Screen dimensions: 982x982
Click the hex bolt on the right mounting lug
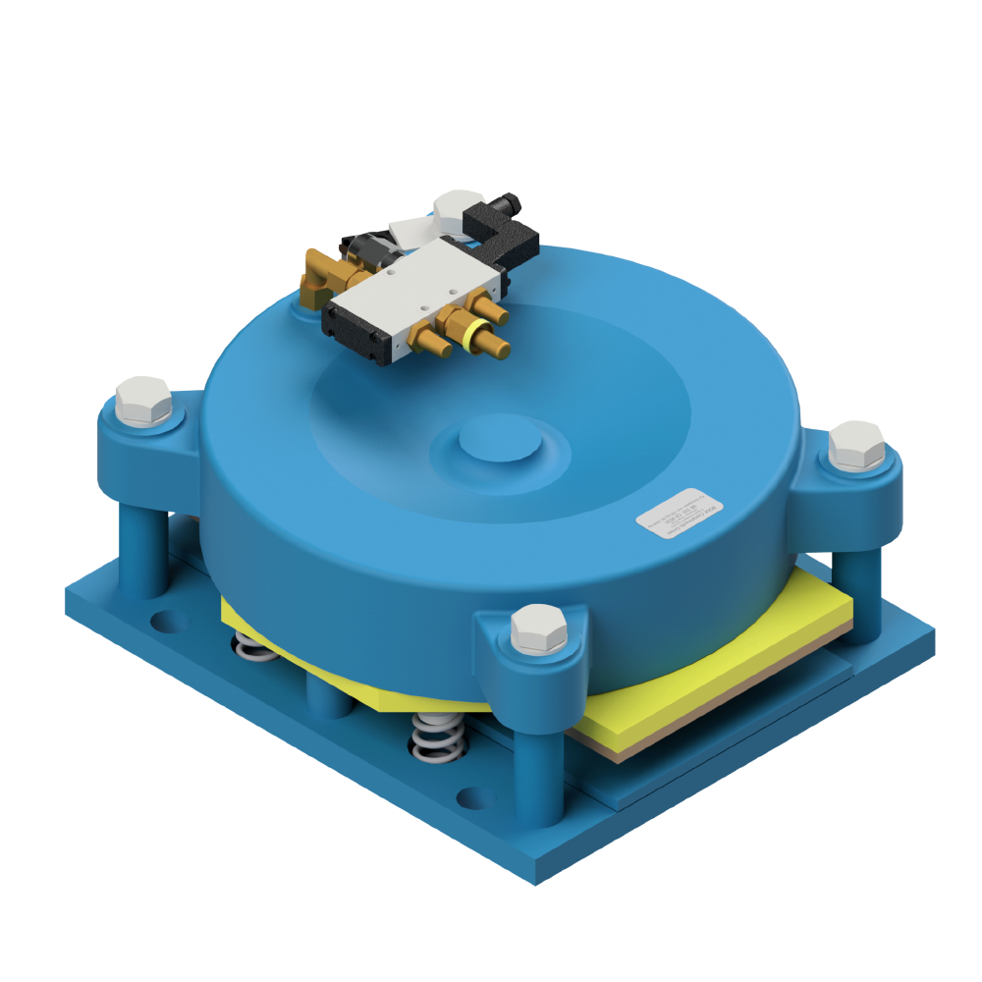(x=856, y=445)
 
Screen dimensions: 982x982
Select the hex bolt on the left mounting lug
(x=143, y=400)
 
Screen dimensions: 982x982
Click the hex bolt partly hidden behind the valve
(x=454, y=205)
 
